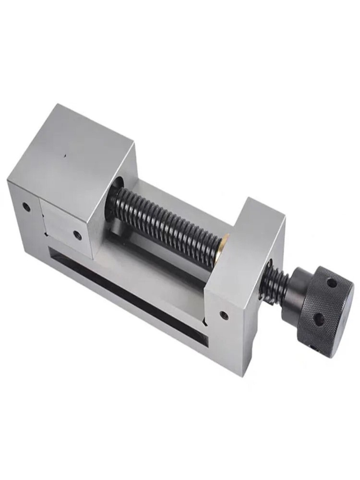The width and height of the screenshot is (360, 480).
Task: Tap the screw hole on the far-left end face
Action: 26,207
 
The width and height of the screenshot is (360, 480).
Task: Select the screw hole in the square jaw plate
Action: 77,235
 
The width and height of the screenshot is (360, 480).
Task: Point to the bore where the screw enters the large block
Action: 118,185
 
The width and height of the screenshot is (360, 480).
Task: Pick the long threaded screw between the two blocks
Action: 168,221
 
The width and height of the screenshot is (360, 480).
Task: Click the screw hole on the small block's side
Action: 223,315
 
